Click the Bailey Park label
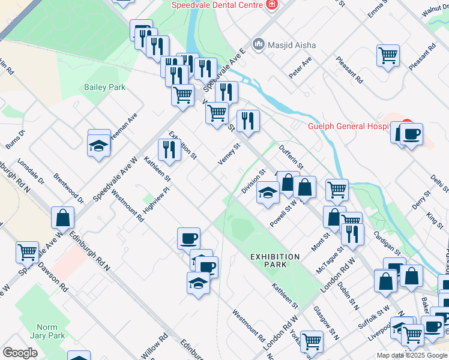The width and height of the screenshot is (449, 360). pyautogui.click(x=104, y=87)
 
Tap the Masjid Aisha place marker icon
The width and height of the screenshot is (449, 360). pyautogui.click(x=259, y=44)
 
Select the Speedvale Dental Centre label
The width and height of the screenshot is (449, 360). pyautogui.click(x=217, y=5)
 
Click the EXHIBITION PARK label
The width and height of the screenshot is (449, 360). pyautogui.click(x=275, y=261)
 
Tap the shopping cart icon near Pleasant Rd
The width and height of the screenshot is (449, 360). pyautogui.click(x=388, y=56)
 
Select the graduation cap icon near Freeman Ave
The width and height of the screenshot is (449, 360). pyautogui.click(x=99, y=144)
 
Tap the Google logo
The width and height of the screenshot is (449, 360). pyautogui.click(x=20, y=353)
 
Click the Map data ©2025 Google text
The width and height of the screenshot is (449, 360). pyautogui.click(x=411, y=355)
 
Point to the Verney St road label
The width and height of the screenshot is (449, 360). pyautogui.click(x=229, y=155)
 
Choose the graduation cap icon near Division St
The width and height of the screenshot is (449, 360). pyautogui.click(x=268, y=192)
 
